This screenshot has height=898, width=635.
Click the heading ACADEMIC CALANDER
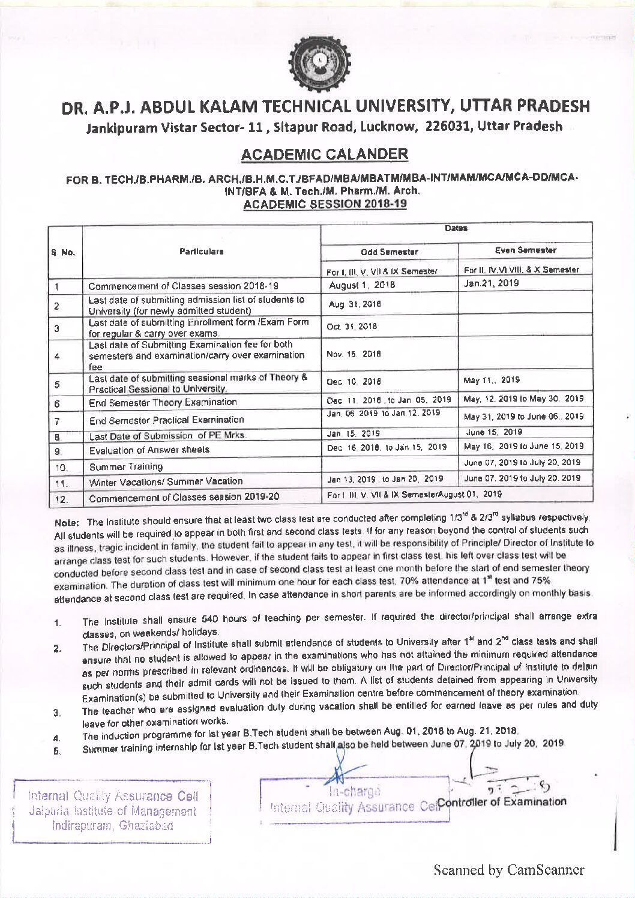[324, 154]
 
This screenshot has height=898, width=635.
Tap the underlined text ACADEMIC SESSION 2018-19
[324, 203]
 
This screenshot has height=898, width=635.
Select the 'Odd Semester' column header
[390, 252]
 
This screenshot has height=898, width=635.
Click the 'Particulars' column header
[202, 252]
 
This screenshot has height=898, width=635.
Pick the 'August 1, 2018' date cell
[362, 285]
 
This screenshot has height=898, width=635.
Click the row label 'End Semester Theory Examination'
[163, 402]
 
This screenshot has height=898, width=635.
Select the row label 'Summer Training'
[126, 466]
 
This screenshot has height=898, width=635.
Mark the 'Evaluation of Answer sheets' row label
[149, 450]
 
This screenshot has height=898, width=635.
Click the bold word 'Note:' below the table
[65, 522]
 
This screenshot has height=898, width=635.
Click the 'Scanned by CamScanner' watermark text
[510, 870]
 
